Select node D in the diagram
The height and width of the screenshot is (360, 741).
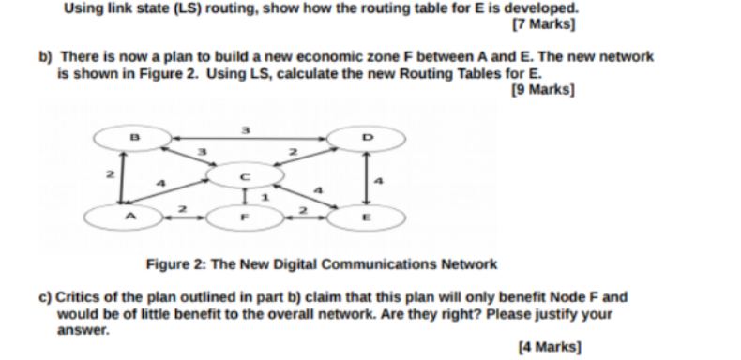[x=367, y=140]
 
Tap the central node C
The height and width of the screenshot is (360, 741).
[x=245, y=175]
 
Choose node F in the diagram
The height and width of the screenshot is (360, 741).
[x=243, y=217]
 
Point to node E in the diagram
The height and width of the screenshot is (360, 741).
[x=367, y=217]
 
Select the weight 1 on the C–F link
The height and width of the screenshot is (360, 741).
[x=265, y=195]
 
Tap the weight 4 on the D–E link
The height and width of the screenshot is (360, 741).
[x=380, y=178]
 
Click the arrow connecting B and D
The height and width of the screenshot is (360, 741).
[x=246, y=140]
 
